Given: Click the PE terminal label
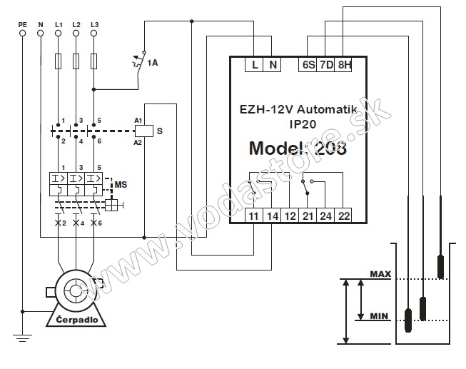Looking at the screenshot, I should click(23, 24).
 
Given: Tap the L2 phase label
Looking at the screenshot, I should click(76, 24).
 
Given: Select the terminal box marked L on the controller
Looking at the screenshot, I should click(255, 65).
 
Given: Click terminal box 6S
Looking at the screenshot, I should click(308, 65).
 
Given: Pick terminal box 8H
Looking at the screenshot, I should click(344, 65).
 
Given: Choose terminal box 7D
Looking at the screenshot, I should click(326, 65).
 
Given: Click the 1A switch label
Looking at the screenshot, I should click(152, 64).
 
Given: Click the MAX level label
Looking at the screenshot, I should click(380, 274).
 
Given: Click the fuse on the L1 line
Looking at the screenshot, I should click(58, 62).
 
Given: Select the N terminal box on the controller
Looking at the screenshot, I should click(273, 65).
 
